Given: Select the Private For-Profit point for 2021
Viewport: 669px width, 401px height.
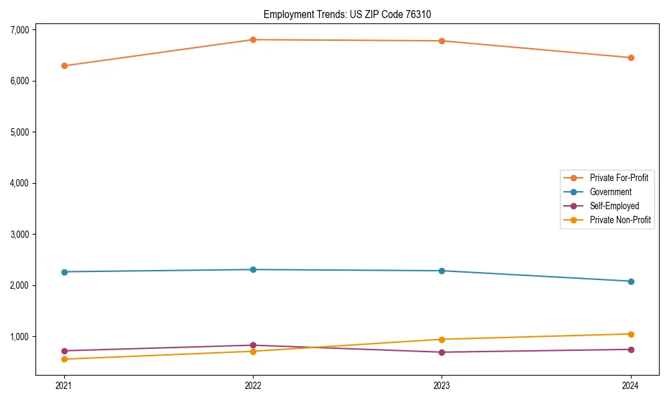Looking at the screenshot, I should click(x=64, y=65).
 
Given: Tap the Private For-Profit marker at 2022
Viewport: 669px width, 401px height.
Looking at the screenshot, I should click(x=253, y=39).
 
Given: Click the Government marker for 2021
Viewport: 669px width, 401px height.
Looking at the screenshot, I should click(x=64, y=272).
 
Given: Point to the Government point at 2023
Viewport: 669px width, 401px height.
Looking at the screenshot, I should click(x=442, y=271).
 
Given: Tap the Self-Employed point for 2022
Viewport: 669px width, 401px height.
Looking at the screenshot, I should click(x=253, y=346).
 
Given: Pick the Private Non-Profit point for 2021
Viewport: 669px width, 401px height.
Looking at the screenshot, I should click(x=64, y=360).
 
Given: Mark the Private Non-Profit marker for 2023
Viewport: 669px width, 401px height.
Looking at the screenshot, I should click(x=442, y=340).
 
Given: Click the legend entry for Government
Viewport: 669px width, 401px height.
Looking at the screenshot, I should click(x=610, y=192).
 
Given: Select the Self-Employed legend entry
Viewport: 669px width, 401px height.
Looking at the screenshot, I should click(x=614, y=206).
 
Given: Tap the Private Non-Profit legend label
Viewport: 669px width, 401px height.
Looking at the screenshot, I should click(x=620, y=220).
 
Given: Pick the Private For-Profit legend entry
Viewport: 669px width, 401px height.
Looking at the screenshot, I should click(x=619, y=178).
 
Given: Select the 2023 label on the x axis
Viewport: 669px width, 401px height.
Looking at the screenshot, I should click(x=442, y=386).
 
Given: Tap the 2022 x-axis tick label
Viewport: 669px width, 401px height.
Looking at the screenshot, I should click(x=253, y=386).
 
